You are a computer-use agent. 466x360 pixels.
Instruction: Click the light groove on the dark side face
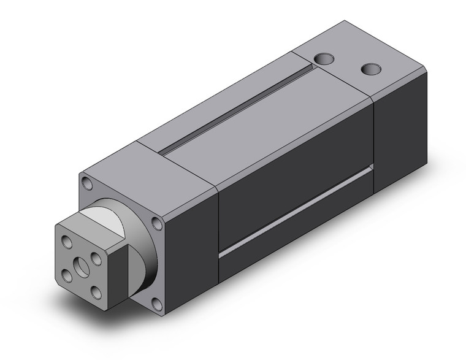click(294, 212)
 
